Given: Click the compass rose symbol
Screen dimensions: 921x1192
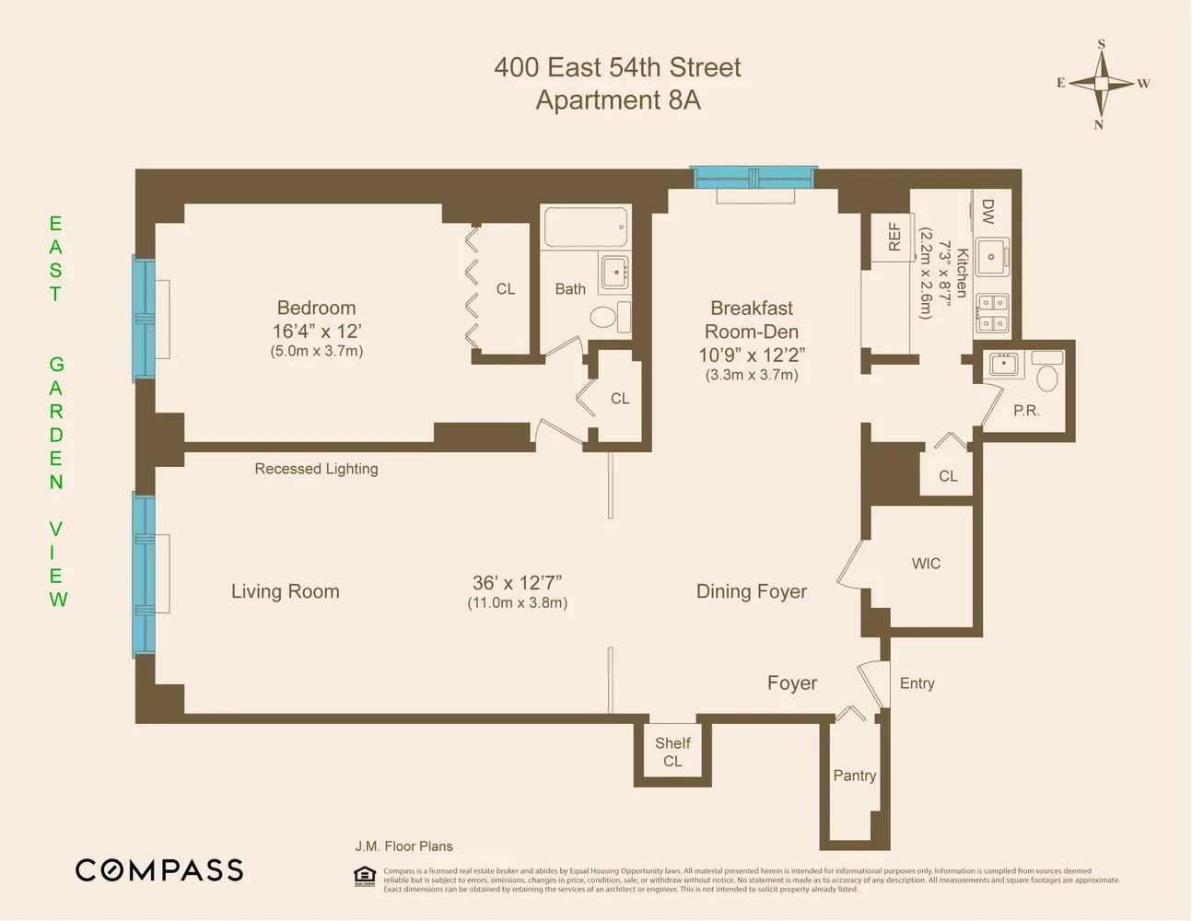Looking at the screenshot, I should pos(1102,84).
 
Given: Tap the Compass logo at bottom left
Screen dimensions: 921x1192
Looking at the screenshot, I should pos(159,870).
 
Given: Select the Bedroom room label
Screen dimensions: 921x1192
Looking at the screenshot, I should pos(316,309).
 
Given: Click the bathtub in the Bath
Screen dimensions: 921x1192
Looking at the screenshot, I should pos(585,227).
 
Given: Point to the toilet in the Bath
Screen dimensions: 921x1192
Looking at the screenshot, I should pos(603,318).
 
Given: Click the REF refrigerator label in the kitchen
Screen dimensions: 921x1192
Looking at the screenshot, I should pos(894,237).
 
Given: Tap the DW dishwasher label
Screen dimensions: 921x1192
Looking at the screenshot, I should pos(987,212).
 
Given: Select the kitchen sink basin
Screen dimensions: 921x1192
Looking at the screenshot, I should pos(991,257).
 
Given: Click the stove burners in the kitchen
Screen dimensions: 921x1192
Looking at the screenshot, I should pos(992,312).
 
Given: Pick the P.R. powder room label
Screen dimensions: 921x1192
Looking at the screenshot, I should pos(1026,411).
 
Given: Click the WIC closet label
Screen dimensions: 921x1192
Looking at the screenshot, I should pos(926,564).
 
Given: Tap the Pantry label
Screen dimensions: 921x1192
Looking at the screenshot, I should pos(854,775).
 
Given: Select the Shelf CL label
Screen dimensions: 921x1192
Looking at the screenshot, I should pos(672,752).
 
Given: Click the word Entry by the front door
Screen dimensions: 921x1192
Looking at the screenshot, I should pos(917,683).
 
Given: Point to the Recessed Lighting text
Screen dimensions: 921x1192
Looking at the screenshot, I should pos(316,469).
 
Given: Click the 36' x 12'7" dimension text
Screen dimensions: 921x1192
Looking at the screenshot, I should pos(517,583).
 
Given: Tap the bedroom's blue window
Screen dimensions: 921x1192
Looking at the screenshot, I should pos(144,319).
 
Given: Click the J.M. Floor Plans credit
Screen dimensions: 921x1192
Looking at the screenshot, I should pos(403,846).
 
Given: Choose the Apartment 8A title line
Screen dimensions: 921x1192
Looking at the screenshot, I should pos(618,100).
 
